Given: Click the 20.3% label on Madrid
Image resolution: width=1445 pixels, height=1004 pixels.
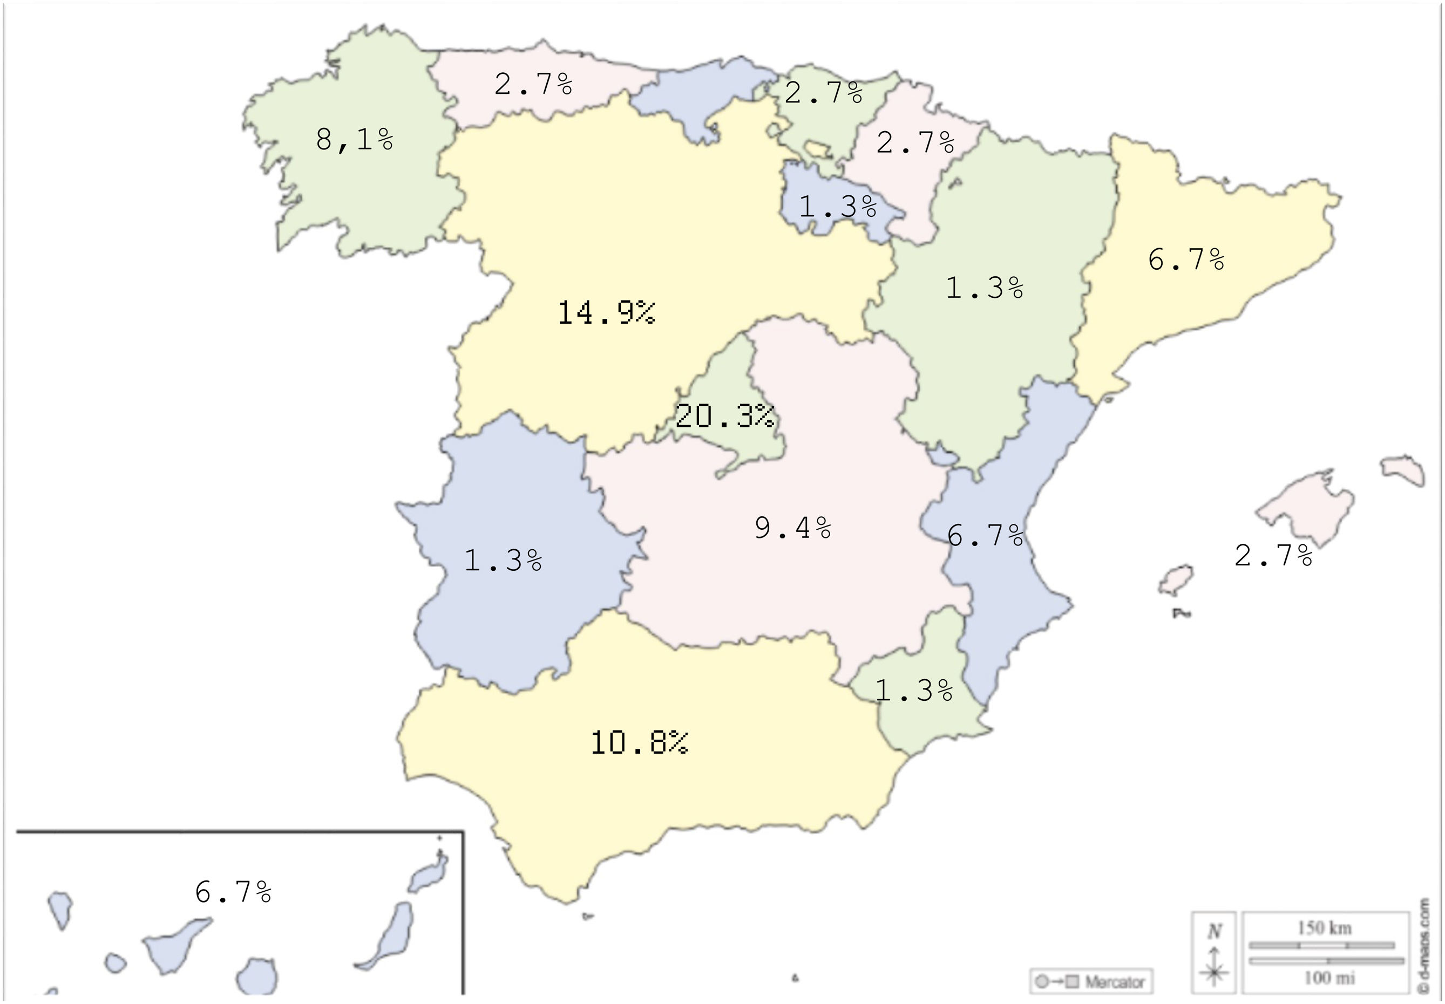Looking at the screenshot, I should (x=724, y=416).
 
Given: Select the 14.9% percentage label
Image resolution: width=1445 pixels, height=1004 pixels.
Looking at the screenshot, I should (x=606, y=313).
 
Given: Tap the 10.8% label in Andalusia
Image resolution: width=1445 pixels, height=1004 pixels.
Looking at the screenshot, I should (x=639, y=743).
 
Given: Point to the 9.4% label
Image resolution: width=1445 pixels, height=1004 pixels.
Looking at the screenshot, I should (x=793, y=528).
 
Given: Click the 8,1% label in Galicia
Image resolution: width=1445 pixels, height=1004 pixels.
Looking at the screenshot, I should (x=354, y=139).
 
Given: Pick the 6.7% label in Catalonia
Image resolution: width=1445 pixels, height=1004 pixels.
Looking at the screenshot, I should (x=1186, y=259).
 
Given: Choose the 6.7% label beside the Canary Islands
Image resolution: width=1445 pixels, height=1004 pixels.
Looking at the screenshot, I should (x=233, y=891).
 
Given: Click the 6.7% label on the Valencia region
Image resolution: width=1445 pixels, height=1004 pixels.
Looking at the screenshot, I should (x=985, y=535).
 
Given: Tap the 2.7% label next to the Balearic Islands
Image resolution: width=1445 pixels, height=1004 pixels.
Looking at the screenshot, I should (x=1273, y=556).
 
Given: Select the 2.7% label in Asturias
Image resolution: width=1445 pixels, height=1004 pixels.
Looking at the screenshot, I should (x=533, y=84).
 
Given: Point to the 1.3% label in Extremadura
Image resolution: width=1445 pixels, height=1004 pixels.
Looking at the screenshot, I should (x=503, y=560).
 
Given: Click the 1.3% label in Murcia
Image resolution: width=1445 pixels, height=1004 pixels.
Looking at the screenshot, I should (x=914, y=691).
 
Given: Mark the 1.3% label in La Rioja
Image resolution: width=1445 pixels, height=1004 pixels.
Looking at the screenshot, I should (x=838, y=206).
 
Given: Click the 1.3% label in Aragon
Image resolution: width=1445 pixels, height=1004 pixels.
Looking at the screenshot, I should (x=985, y=288).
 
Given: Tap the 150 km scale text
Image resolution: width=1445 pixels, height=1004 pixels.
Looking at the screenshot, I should (x=1324, y=928).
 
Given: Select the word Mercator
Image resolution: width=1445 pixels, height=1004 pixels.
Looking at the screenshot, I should (x=1114, y=982).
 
